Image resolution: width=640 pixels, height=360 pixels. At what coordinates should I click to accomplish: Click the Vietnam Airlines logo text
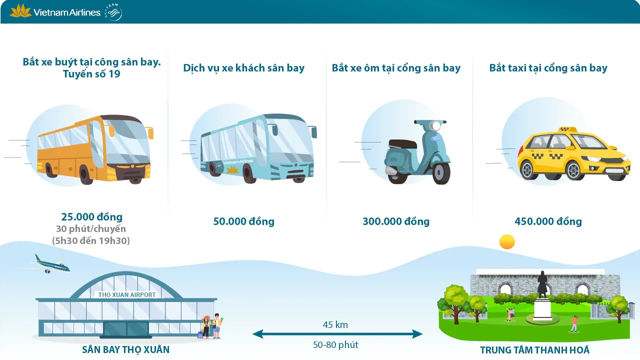[x=67, y=12]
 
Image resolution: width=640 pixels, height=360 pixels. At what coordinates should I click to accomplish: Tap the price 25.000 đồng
[x=91, y=217]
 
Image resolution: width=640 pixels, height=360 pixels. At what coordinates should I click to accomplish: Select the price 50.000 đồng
[x=244, y=221]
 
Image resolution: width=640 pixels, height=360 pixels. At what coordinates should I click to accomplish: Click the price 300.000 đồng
[x=396, y=221]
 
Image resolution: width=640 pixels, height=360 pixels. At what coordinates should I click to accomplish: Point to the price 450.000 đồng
[x=548, y=221]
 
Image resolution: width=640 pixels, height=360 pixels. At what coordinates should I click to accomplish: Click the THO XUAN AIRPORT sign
[x=127, y=294]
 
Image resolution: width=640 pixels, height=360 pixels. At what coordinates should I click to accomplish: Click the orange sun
[x=507, y=242]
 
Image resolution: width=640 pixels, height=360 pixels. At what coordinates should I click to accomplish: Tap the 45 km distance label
[x=335, y=325]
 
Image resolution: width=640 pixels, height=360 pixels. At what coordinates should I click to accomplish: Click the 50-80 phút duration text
[x=335, y=344]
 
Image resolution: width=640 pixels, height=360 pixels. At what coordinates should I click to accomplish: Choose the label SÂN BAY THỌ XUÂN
[x=125, y=349]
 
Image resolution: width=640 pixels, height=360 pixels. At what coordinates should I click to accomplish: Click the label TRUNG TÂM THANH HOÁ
[x=534, y=349]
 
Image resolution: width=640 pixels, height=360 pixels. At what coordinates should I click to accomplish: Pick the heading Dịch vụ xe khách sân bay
[x=243, y=68]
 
